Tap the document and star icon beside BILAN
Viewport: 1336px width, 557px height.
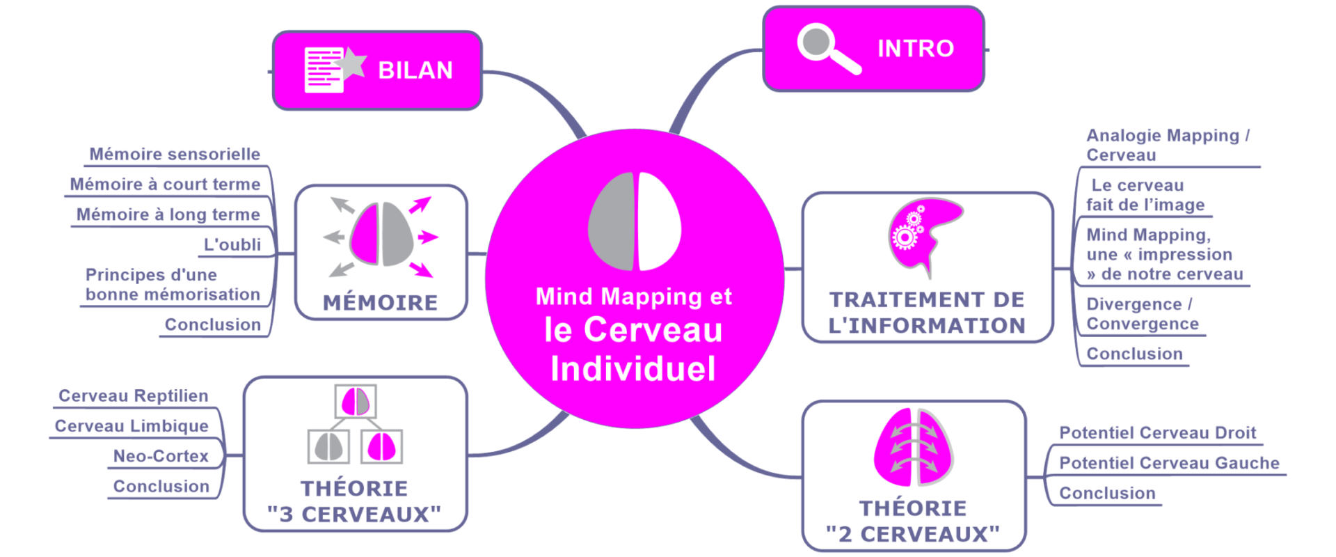pos(333,70)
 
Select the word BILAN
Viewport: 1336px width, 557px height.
pos(415,70)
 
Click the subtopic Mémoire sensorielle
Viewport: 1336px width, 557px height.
pos(175,154)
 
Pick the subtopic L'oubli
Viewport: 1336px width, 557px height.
pos(232,244)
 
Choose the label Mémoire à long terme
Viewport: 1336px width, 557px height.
pos(168,214)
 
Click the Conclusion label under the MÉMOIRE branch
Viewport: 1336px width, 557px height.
pos(213,324)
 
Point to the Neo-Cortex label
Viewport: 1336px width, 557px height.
pos(161,456)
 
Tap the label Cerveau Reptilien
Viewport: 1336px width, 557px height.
pos(134,395)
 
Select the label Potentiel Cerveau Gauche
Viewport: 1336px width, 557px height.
pos(1169,463)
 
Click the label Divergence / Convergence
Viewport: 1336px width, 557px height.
pos(1143,314)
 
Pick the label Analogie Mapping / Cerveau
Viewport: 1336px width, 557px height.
pos(1168,145)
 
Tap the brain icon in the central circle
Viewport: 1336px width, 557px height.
pos(634,221)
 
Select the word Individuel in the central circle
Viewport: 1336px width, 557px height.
pos(633,369)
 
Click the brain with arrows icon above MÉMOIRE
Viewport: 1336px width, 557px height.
pos(381,235)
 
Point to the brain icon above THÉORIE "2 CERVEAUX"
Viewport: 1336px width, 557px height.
pos(914,448)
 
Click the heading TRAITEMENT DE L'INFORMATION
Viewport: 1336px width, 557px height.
pos(927,313)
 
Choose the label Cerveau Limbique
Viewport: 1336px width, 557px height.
pos(132,426)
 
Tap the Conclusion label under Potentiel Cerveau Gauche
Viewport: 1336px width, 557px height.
pos(1107,493)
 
